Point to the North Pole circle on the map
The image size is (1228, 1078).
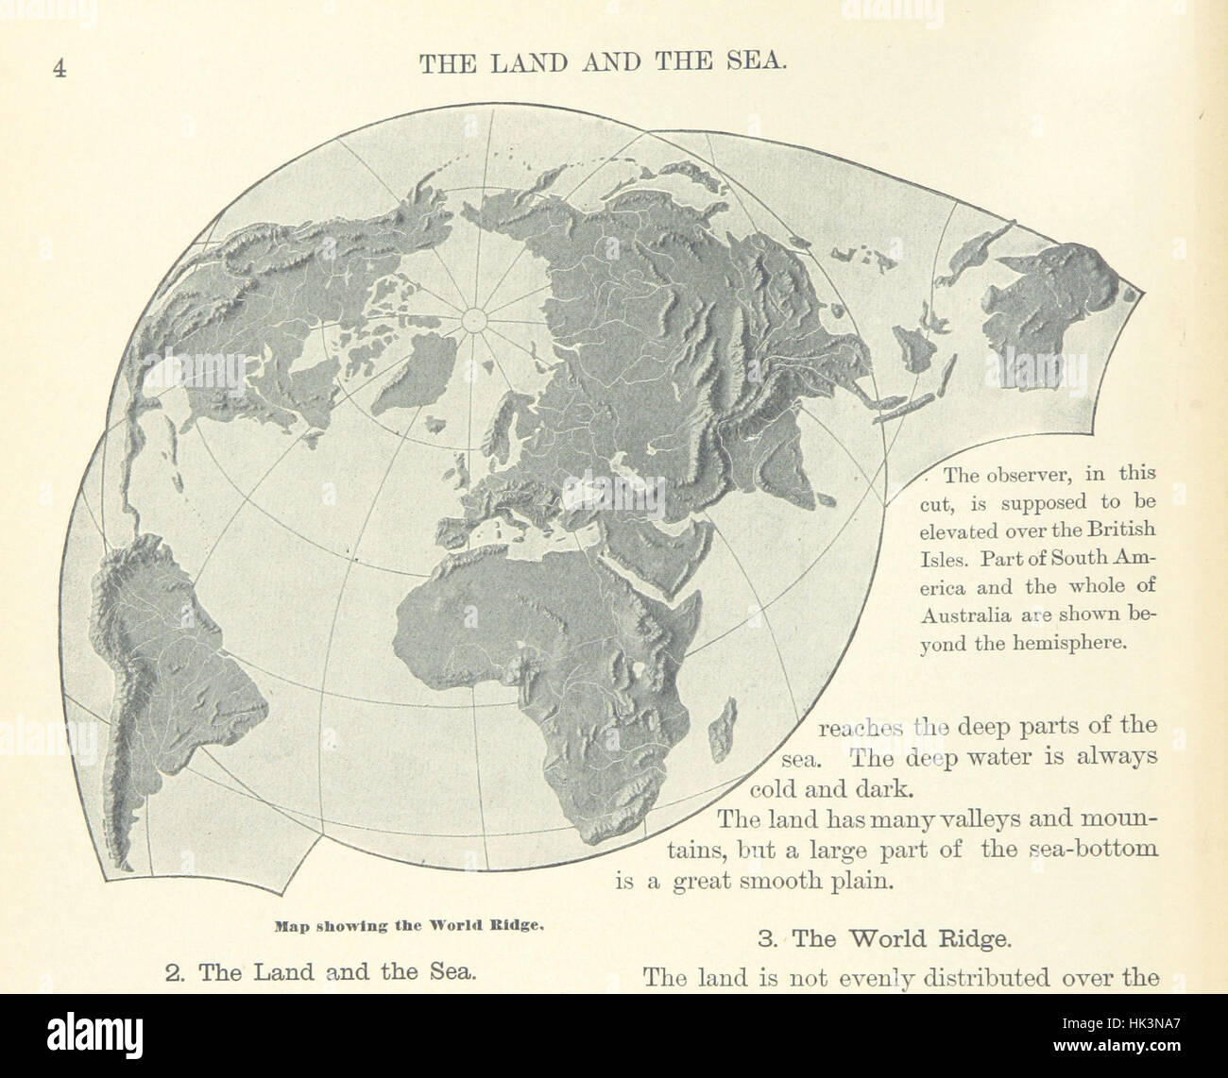(471, 321)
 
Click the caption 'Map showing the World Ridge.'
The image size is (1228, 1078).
(408, 925)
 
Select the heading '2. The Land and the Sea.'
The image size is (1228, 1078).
(318, 971)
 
